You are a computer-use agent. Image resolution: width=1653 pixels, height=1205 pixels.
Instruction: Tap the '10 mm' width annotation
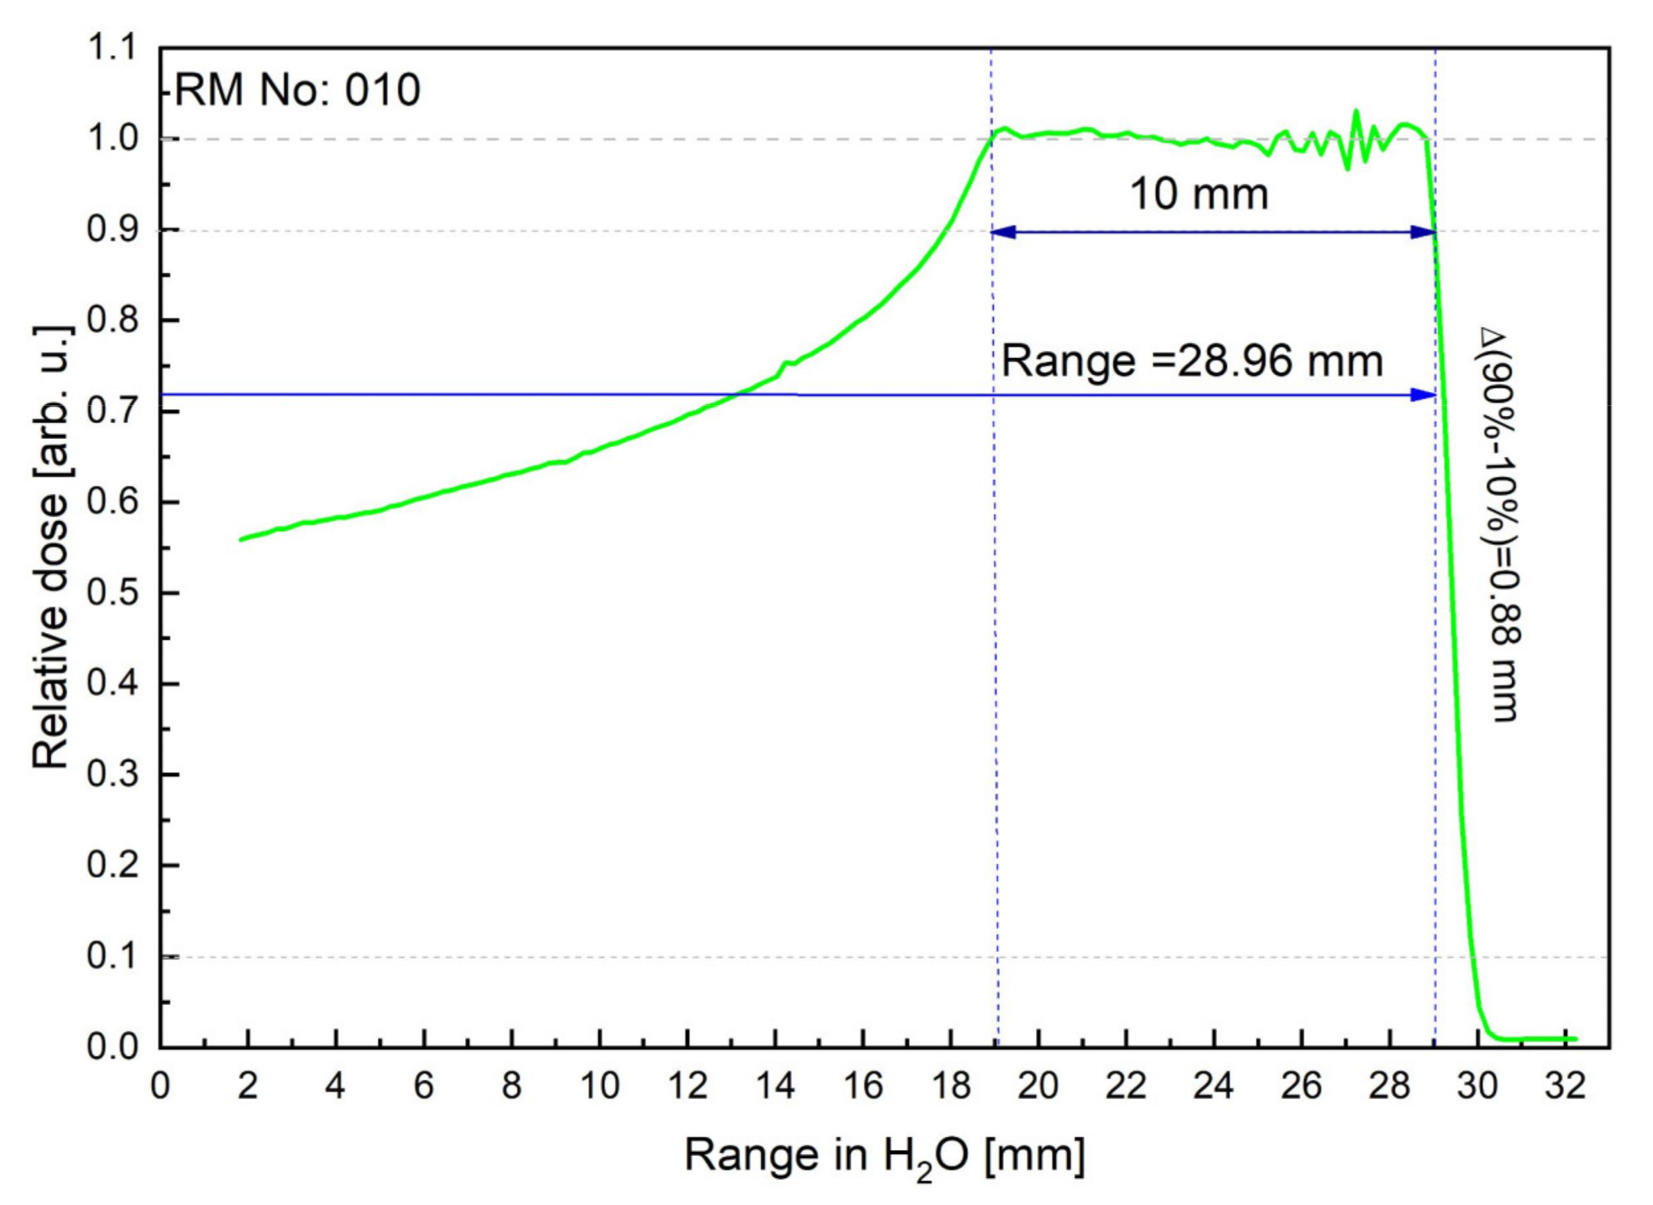(x=1199, y=195)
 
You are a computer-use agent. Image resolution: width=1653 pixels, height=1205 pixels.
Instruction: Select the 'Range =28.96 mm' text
(x=1192, y=361)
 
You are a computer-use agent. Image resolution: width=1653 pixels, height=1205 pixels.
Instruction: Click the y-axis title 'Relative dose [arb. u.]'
(x=52, y=547)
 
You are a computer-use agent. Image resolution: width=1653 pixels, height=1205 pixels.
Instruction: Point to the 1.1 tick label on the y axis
(x=112, y=49)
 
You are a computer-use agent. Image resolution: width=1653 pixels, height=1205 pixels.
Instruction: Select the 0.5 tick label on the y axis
(x=112, y=593)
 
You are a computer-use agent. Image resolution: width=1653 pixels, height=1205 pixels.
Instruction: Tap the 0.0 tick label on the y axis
(x=112, y=1047)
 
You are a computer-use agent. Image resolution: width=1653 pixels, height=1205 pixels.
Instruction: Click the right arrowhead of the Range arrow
(x=1423, y=395)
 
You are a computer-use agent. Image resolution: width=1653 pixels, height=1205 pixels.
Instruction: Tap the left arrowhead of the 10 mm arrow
(x=1003, y=232)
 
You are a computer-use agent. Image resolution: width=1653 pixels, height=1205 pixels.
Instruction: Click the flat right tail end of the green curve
(x=1576, y=1039)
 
